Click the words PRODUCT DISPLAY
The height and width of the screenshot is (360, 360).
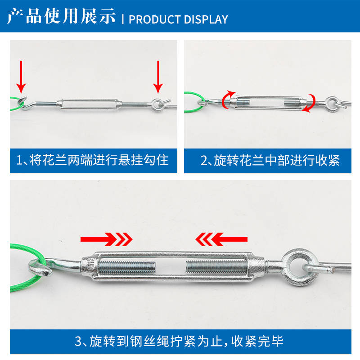pos(178,19)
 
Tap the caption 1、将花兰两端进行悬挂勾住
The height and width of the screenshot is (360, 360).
pos(93,160)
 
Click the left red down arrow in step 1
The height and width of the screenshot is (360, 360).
pos(21,76)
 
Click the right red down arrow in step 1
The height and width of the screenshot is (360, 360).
pos(157,76)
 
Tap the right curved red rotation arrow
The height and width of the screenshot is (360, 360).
pos(310,103)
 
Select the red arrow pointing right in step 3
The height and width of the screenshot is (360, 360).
pos(107,239)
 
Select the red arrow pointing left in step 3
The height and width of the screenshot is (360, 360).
pos(221,239)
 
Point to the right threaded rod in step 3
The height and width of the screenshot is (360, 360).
pos(216,266)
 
